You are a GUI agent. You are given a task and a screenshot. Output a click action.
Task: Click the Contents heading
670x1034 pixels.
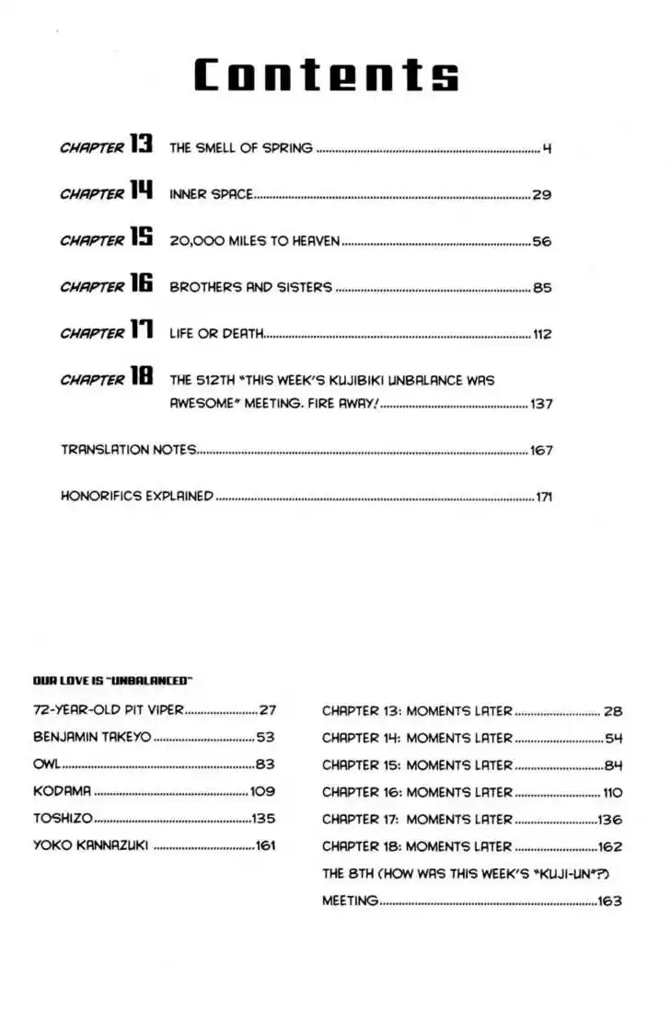327,74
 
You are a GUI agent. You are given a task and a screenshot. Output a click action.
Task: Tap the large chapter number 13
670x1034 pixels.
140,145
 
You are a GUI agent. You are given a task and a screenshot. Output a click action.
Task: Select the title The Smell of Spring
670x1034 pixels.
241,147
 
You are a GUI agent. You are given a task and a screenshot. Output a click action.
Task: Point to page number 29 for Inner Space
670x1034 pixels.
541,194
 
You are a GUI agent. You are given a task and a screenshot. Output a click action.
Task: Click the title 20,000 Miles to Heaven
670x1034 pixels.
255,241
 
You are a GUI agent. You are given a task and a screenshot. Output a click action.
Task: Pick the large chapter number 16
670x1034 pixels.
140,285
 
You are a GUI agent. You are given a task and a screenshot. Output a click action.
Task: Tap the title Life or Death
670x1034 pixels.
217,334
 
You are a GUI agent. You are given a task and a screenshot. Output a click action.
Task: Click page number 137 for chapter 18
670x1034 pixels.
541,404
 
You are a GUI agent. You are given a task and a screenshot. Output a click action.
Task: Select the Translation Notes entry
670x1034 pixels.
129,450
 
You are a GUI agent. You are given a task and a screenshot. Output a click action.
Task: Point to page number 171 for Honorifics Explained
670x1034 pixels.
543,497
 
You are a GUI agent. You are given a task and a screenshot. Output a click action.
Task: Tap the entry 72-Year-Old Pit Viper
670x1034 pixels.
109,710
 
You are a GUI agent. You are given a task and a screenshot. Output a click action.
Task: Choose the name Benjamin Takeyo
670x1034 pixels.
92,737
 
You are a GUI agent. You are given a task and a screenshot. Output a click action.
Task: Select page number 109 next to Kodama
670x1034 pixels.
262,791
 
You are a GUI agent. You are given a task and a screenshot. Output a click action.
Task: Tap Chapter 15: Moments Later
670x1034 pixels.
417,765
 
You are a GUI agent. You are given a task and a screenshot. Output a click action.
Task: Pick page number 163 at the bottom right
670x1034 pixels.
609,902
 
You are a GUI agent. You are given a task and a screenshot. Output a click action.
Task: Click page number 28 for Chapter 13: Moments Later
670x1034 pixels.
613,711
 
